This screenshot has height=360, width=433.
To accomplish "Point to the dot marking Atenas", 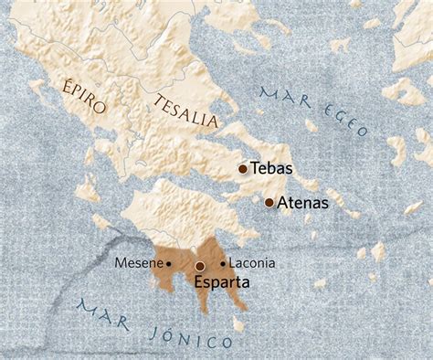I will [269, 202].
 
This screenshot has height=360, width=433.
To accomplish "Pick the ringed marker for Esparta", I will [200, 266].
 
